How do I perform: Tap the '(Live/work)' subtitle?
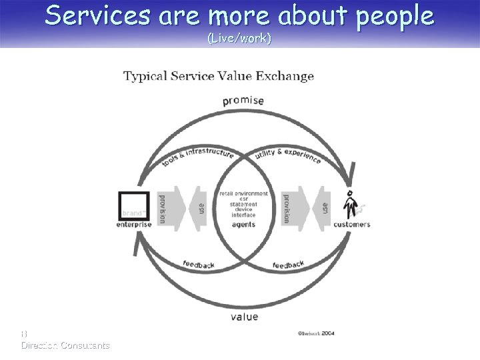pyautogui.click(x=239, y=39)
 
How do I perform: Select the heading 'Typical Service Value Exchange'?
pyautogui.click(x=218, y=75)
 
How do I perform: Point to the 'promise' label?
pyautogui.click(x=243, y=101)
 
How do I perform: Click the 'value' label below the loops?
pyautogui.click(x=245, y=317)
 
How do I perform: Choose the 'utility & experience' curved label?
pyautogui.click(x=289, y=157)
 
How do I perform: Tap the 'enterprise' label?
pyautogui.click(x=134, y=225)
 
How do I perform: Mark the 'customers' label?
pyautogui.click(x=351, y=225)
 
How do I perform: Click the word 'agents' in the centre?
pyautogui.click(x=244, y=225)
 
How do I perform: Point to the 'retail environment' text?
pyautogui.click(x=244, y=193)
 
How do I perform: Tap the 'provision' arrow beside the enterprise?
pyautogui.click(x=162, y=208)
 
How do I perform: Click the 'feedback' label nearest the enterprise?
pyautogui.click(x=199, y=265)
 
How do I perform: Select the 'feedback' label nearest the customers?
pyautogui.click(x=289, y=265)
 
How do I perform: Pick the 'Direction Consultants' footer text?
pyautogui.click(x=65, y=345)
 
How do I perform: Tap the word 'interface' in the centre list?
pyautogui.click(x=244, y=215)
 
